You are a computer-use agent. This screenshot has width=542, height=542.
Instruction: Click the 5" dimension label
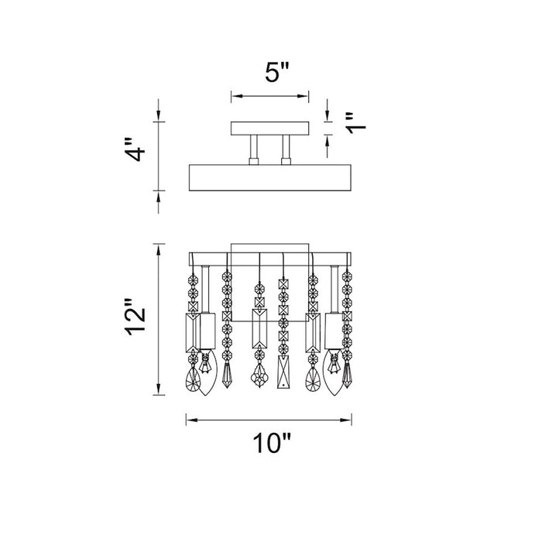point(276,72)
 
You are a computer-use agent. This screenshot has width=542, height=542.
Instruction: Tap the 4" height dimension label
point(135,149)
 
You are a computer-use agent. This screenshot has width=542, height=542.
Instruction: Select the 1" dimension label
point(355,123)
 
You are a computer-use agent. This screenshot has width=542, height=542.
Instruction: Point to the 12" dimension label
point(135,316)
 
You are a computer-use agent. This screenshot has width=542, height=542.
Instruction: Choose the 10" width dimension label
point(272,442)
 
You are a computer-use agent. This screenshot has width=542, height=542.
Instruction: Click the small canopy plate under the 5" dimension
point(269,129)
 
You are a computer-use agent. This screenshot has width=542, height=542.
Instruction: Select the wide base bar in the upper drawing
point(270,177)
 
